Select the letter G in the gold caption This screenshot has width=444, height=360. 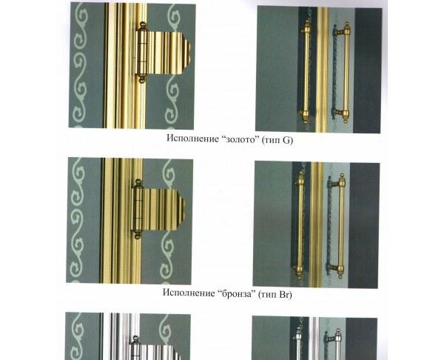point(287,140)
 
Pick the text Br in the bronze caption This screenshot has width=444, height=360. point(284,294)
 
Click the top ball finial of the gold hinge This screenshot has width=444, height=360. point(143,26)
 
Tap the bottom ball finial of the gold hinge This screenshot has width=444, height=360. point(141,79)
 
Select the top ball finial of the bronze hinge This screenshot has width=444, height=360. point(138,182)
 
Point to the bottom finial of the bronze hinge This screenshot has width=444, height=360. point(138,235)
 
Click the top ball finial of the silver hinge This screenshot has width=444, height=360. point(135,339)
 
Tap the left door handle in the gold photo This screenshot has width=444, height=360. point(306,71)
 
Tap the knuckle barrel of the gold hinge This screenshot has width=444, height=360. point(142,53)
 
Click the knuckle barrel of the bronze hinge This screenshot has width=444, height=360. point(138,209)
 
